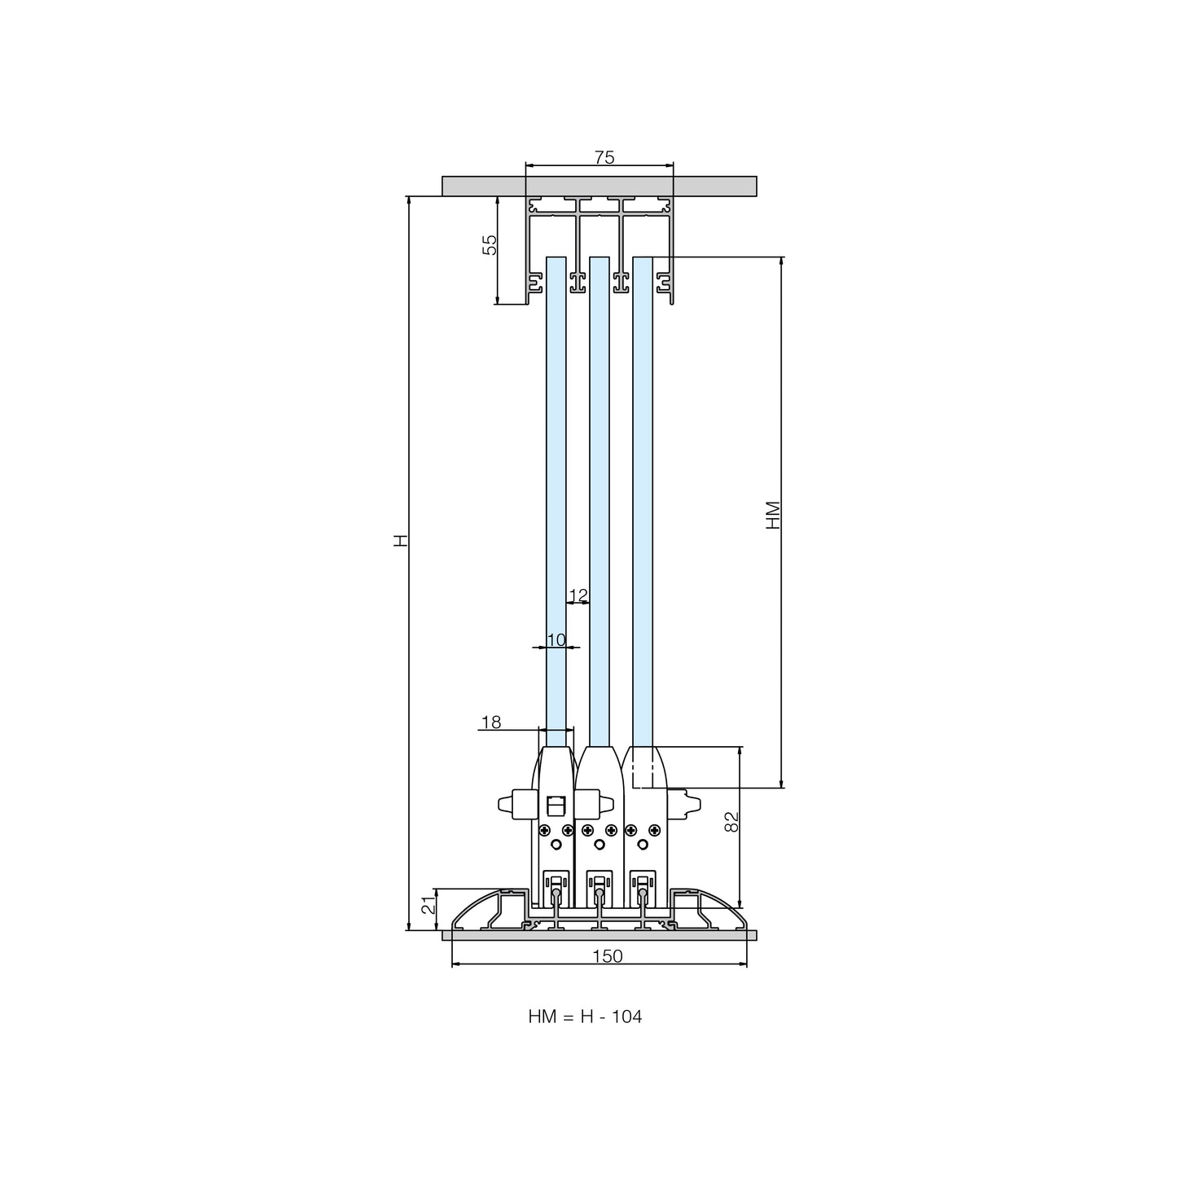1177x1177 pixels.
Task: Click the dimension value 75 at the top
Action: [x=604, y=157]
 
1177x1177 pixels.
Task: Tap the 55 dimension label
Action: [x=490, y=244]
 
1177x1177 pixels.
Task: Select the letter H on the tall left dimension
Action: [x=400, y=540]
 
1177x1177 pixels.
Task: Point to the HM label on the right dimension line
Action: [x=773, y=515]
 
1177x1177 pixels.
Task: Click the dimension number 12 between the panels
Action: [x=578, y=595]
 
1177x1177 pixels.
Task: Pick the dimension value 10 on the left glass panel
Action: [x=556, y=639]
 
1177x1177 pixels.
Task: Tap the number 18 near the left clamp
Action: [x=491, y=722]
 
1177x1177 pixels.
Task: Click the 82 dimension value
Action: [x=731, y=822]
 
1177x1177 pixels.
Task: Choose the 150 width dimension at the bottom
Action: [x=607, y=956]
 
